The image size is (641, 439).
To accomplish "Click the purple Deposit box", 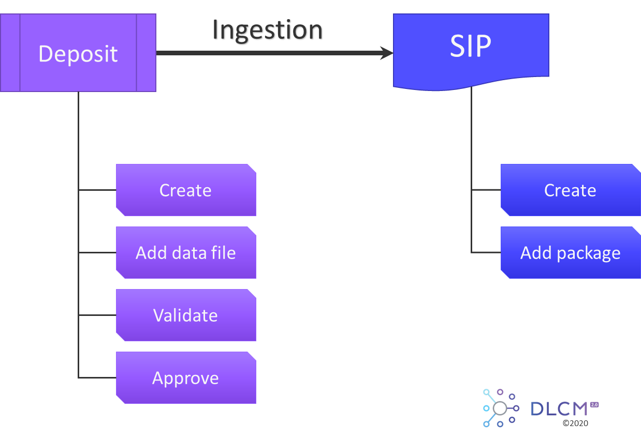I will coord(78,53).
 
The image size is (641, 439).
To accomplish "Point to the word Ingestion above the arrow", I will coord(268,31).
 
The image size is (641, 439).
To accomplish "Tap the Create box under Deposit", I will coord(185,190).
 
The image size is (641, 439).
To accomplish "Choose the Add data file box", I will coord(185,253).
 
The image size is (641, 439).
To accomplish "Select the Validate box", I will coord(185,315).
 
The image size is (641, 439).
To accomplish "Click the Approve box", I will coord(185,378).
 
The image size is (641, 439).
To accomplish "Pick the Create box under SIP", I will coord(570,190).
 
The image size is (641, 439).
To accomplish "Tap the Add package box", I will coord(570,253).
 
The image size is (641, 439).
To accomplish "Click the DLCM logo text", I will coord(559,409).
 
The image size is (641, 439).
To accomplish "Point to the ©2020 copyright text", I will coord(575,423).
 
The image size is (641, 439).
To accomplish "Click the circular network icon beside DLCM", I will coord(500,408).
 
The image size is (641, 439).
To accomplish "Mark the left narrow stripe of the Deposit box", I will coord(10,53).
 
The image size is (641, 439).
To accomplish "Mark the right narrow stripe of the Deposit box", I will coord(146,53).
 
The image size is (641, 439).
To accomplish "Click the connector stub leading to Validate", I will coord(97,315).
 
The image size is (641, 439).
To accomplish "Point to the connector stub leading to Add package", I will coord(486,253).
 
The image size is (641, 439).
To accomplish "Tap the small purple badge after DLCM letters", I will coord(594,405).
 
